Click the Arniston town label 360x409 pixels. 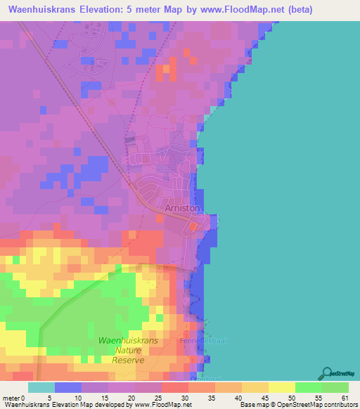(x=182, y=209)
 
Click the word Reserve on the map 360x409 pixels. (x=128, y=360)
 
